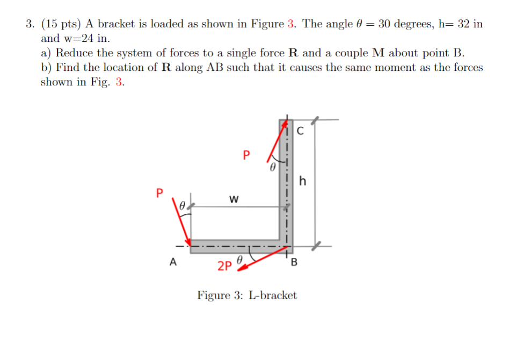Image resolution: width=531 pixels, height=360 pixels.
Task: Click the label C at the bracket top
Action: coord(300,129)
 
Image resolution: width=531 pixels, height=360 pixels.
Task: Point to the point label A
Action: coord(172,262)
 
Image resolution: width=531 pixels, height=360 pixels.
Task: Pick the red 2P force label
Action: coord(224,265)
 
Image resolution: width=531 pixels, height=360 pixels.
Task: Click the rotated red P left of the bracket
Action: coord(159,192)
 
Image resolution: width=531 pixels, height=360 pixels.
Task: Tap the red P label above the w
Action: coord(246,156)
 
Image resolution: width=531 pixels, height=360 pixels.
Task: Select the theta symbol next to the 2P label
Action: coord(241,260)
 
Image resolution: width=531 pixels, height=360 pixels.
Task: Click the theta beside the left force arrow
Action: coord(183,205)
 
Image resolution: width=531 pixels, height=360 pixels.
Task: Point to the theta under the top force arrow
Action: coord(272,168)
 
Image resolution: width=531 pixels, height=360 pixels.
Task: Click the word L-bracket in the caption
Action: coord(273,296)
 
